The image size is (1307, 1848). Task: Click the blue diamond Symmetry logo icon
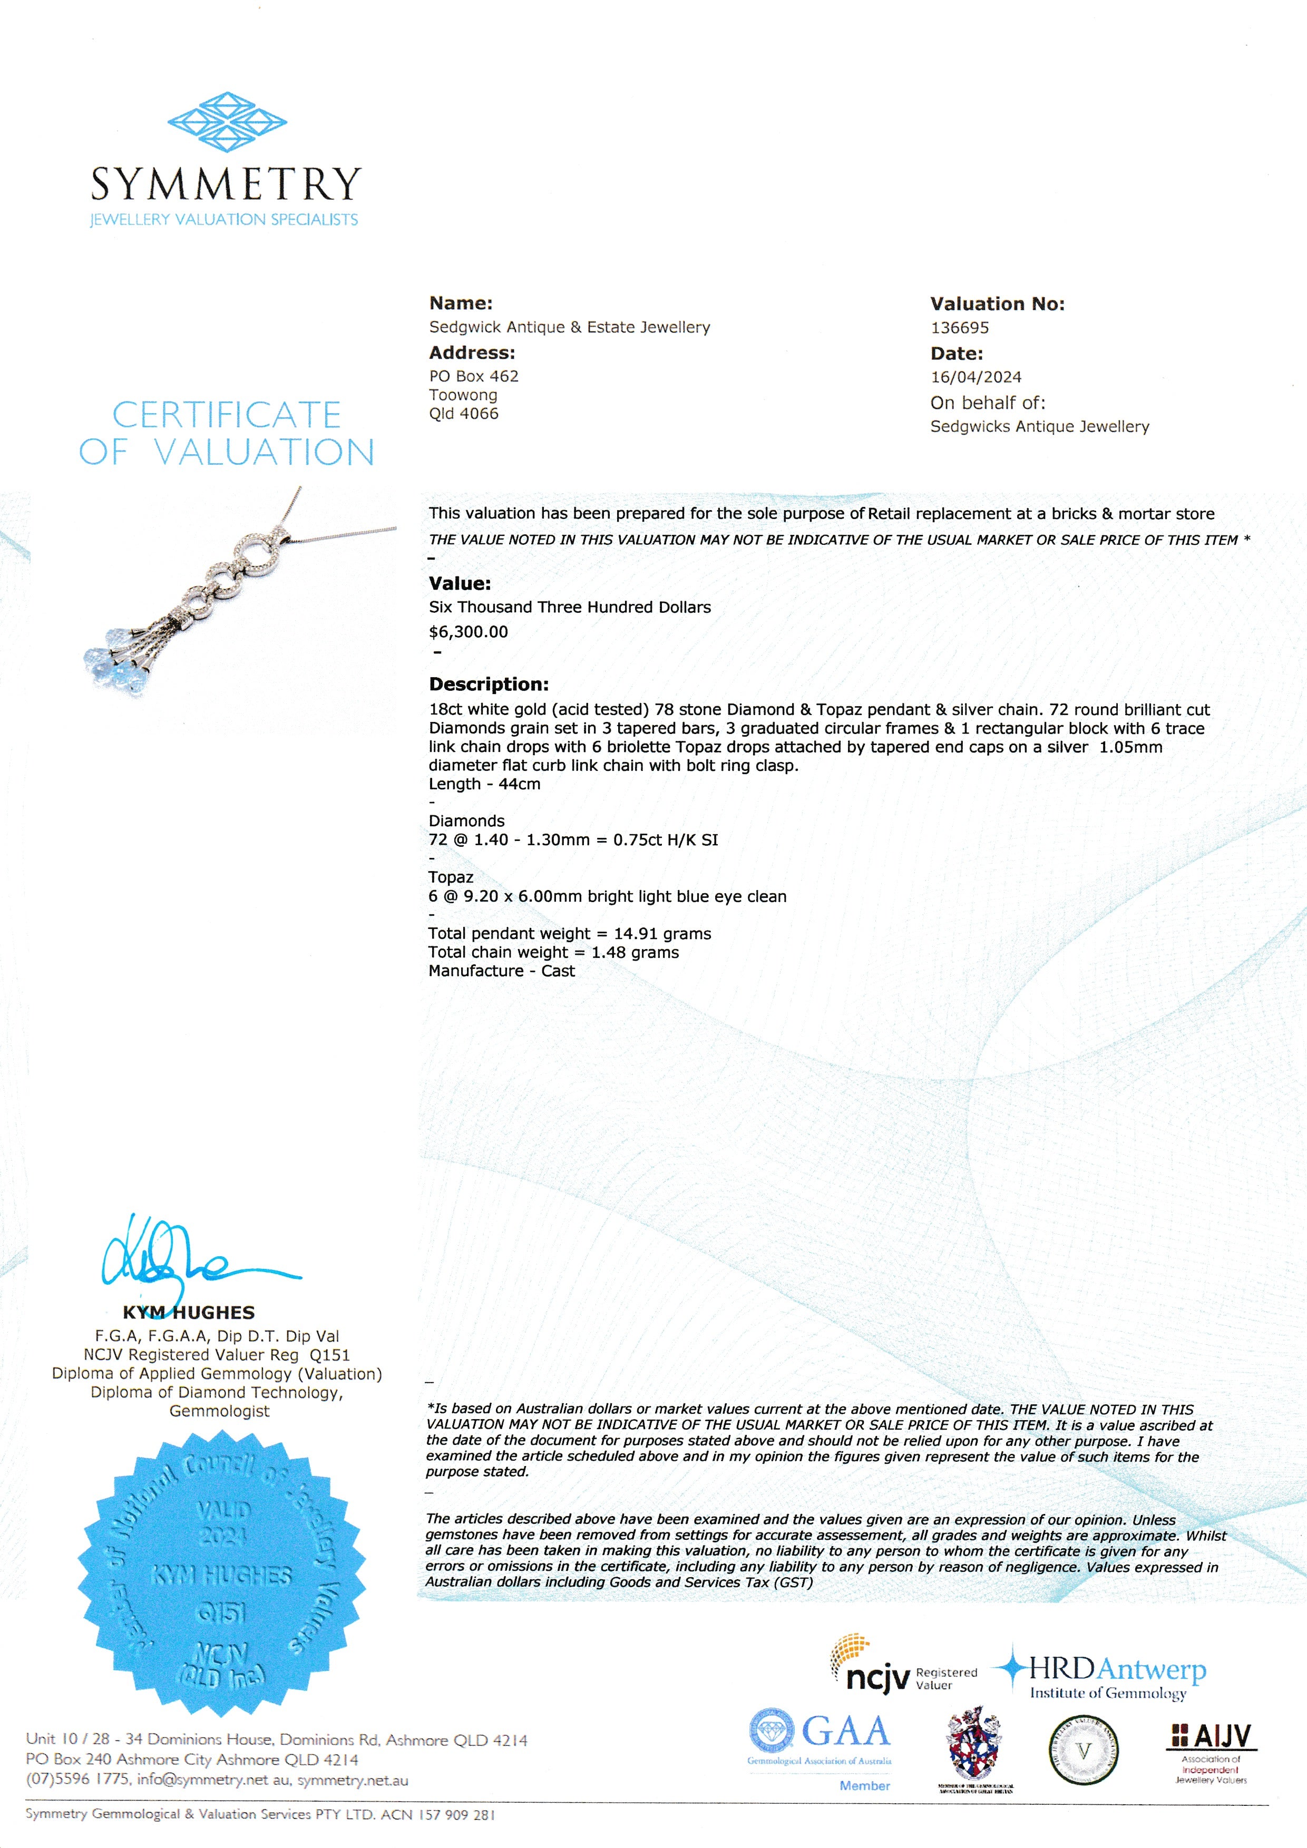227,122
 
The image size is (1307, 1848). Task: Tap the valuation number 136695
959,328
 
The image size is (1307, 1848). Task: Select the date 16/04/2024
976,377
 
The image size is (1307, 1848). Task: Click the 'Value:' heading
460,583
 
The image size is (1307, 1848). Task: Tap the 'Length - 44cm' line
484,784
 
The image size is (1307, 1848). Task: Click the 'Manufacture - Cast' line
501,971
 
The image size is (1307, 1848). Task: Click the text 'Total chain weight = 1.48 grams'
553,952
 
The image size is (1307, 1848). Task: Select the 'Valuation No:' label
997,304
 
